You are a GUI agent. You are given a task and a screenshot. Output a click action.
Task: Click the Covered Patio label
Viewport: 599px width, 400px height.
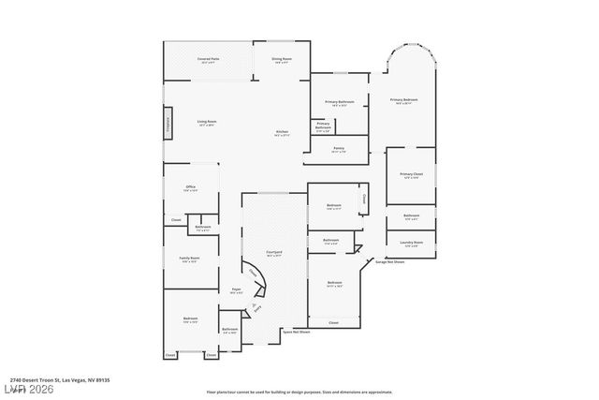click(x=208, y=61)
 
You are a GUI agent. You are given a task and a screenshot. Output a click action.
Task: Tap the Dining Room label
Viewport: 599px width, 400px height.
click(x=282, y=61)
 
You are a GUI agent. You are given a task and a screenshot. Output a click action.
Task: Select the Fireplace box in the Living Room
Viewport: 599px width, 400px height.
click(x=168, y=125)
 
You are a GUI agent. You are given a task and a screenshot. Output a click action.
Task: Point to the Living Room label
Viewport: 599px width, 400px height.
click(x=207, y=123)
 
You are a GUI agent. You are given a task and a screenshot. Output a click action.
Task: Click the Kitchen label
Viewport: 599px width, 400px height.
click(x=282, y=133)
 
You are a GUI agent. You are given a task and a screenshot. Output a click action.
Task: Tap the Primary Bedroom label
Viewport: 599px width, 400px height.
click(x=403, y=100)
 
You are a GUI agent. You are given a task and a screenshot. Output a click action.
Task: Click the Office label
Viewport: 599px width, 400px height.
click(x=190, y=188)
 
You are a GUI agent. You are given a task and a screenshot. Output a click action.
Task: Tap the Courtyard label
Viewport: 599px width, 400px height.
click(x=274, y=253)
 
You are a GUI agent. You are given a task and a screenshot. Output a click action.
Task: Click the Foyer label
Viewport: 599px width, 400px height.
click(x=237, y=290)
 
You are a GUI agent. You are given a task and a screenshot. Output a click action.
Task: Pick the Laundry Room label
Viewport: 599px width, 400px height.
click(x=412, y=244)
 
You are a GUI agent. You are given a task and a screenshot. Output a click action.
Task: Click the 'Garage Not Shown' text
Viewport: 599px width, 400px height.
click(x=389, y=262)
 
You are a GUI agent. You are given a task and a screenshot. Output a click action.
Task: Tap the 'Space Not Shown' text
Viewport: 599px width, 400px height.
click(x=296, y=332)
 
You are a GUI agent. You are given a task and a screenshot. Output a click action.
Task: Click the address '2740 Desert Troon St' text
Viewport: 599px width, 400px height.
click(x=55, y=379)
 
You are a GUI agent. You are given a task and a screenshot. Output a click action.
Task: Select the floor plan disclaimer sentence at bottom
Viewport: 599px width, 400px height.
click(x=299, y=392)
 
